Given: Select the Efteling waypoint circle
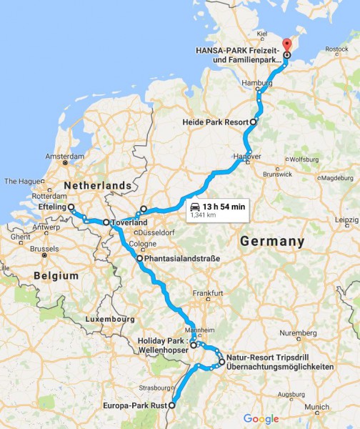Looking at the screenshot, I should pos(71,207).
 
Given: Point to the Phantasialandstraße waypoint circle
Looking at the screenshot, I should pos(140,258).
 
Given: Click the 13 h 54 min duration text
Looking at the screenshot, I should pos(224,207).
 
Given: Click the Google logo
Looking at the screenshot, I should pos(261,418).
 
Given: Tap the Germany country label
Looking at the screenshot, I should pos(271,241).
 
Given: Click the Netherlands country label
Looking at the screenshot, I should pos(99,186).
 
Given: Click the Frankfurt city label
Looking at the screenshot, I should pos(207,293).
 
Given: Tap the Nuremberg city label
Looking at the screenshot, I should pos(295,333).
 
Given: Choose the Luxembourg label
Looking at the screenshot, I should pos(109,318).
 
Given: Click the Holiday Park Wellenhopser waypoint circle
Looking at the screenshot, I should pos(194,345).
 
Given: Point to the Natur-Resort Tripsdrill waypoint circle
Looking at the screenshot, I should pos(222,362).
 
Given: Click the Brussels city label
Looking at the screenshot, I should pos(44,249).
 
